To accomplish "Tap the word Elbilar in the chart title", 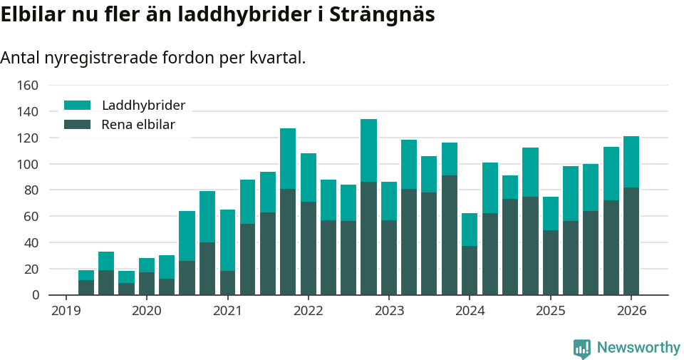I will pyautogui.click(x=32, y=15).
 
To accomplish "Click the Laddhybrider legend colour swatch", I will pyautogui.click(x=78, y=106).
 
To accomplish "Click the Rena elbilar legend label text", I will pyautogui.click(x=138, y=125).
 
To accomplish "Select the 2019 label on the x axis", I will pyautogui.click(x=66, y=311).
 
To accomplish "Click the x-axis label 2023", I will pyautogui.click(x=389, y=311).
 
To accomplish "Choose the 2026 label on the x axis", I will pyautogui.click(x=631, y=311).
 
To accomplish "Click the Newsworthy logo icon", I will pyautogui.click(x=582, y=348).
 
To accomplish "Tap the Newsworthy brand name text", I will pyautogui.click(x=638, y=348).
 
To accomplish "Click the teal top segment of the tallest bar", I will pyautogui.click(x=368, y=150).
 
